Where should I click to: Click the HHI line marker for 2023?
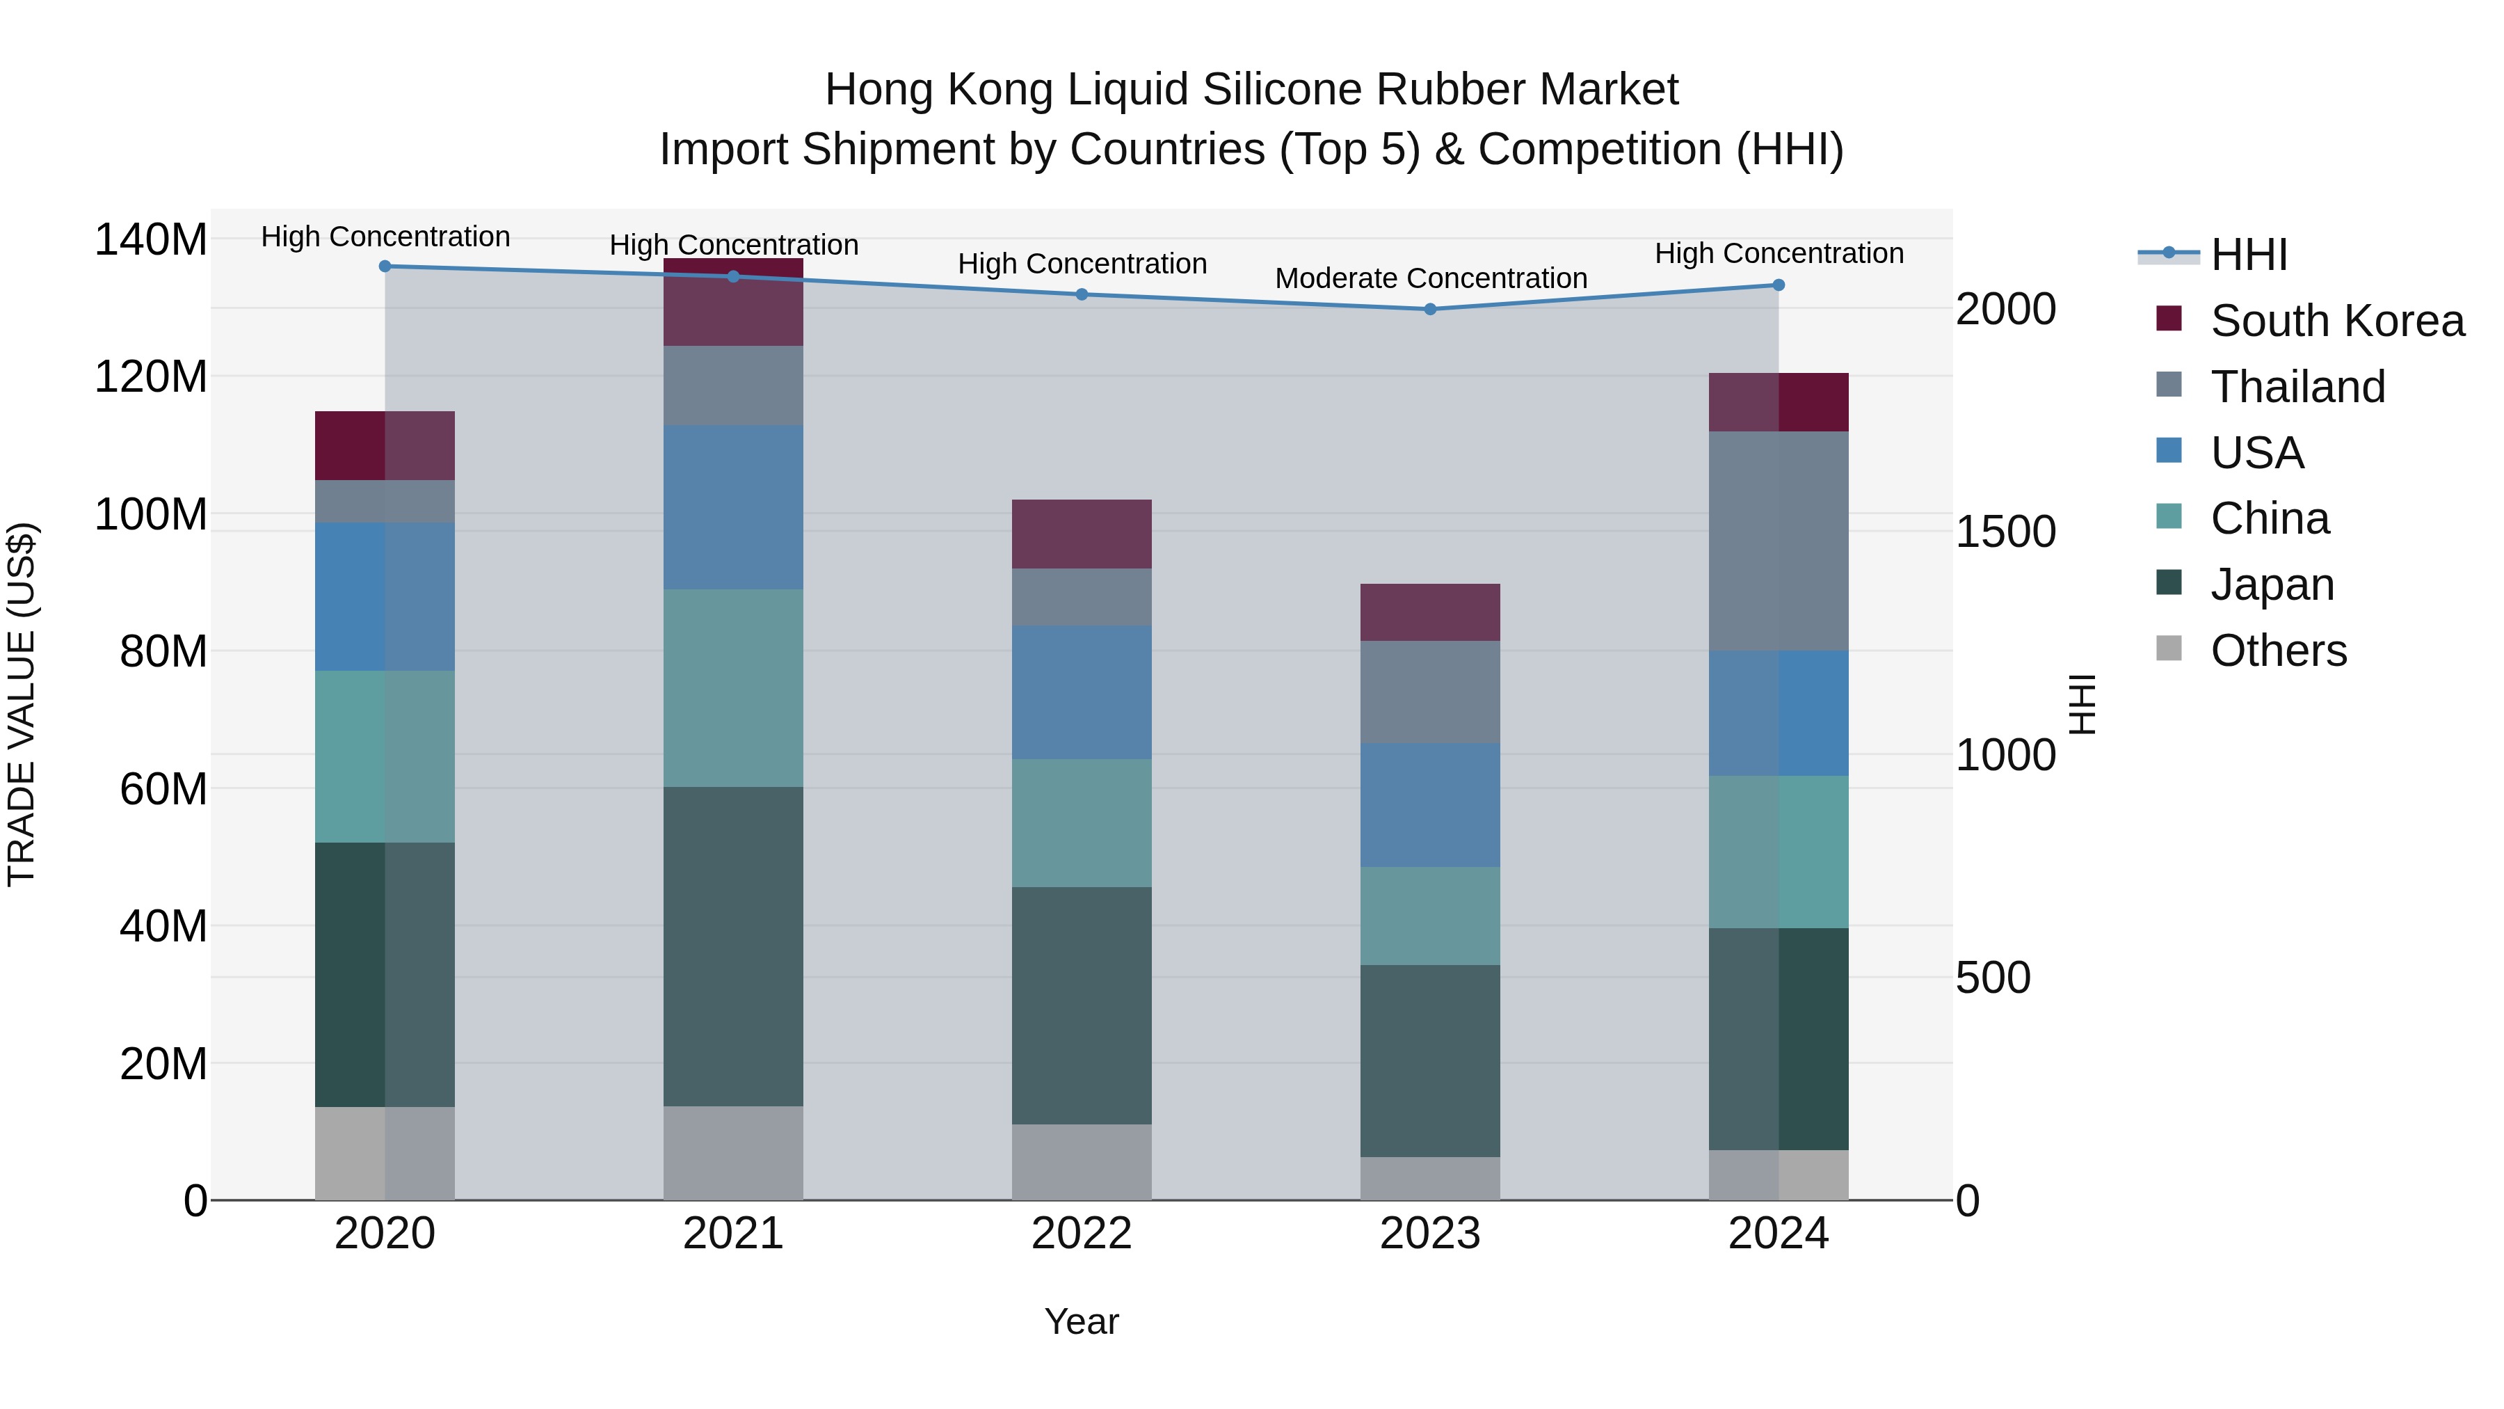1430,309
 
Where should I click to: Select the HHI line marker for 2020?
385,266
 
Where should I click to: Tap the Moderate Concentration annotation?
1431,278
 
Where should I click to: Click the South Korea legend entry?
2337,321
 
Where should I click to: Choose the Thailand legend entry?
2297,387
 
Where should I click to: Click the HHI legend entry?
2248,255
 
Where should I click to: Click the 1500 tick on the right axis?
2005,532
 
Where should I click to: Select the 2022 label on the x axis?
1081,1234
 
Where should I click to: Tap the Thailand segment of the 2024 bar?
1778,541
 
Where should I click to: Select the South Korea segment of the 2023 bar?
1430,612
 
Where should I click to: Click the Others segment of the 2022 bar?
1081,1161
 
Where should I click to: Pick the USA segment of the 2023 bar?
1430,804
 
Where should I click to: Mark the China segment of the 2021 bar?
733,687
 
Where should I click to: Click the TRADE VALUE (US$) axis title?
22,704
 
